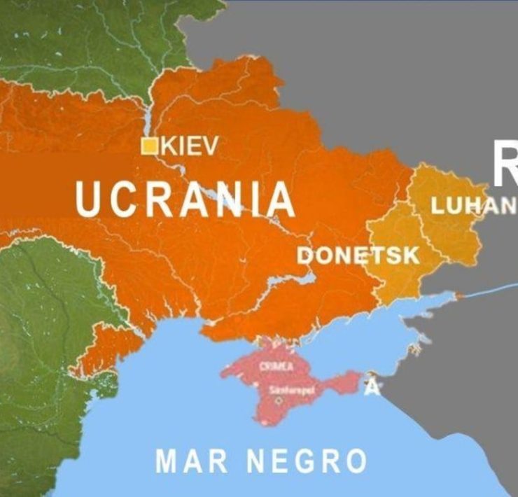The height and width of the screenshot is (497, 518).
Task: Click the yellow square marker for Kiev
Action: (149, 146)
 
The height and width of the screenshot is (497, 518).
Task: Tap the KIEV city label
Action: (190, 146)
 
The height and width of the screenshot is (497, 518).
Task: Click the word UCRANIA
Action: (185, 199)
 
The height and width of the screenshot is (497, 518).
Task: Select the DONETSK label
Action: (358, 255)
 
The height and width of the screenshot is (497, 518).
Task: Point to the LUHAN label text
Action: (473, 206)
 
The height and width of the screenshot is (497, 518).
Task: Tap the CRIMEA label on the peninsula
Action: (276, 366)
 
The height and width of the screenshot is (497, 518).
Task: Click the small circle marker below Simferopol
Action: (279, 401)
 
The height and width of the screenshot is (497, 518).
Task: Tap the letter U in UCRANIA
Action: (88, 199)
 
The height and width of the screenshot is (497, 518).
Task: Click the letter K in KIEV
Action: (169, 146)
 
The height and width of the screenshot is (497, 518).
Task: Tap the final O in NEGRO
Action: (355, 462)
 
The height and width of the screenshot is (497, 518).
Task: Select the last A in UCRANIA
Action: (280, 199)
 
